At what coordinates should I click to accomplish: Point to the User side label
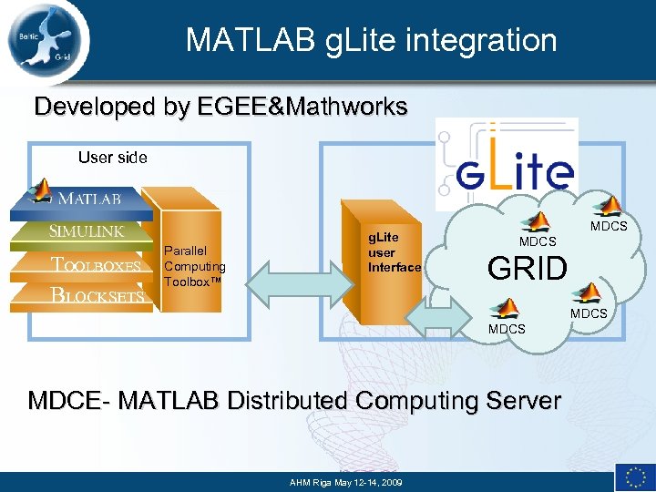point(112,158)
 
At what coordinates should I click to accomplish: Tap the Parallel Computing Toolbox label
point(194,266)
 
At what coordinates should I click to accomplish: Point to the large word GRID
point(528,268)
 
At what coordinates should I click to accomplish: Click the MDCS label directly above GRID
point(538,242)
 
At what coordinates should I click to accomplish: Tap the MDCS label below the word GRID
point(507,329)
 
